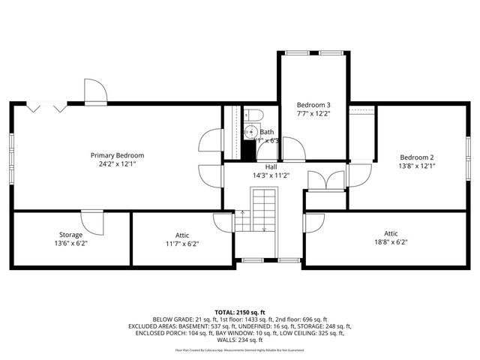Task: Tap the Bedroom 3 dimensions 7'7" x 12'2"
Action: tap(313, 113)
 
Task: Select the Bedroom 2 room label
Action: tap(417, 157)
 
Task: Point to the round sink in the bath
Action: tap(251, 132)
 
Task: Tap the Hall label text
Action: tap(271, 166)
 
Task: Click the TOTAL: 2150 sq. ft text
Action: tap(240, 311)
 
